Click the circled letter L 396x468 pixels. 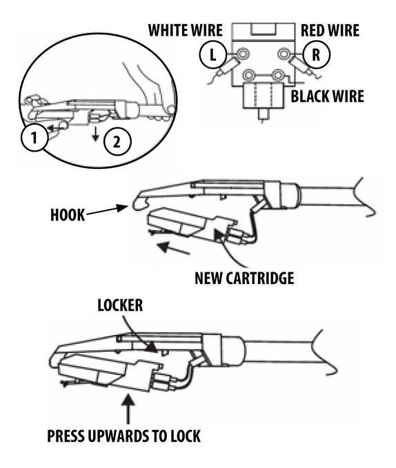212,55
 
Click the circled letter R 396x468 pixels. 316,55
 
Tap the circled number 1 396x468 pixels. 34,138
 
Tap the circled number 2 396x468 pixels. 117,141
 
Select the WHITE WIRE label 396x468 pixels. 185,30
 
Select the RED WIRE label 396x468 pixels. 330,30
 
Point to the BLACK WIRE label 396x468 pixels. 327,96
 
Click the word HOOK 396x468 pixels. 68,215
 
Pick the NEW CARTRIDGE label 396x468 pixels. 244,278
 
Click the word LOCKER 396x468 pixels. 120,305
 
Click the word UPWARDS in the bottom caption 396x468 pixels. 117,436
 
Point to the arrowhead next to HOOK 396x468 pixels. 122,207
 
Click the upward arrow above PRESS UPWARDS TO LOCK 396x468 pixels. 128,409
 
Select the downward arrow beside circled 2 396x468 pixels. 95,134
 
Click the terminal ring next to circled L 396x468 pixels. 242,54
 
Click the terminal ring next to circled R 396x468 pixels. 284,54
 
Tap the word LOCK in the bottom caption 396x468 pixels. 186,436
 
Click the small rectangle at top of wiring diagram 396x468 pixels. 262,30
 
